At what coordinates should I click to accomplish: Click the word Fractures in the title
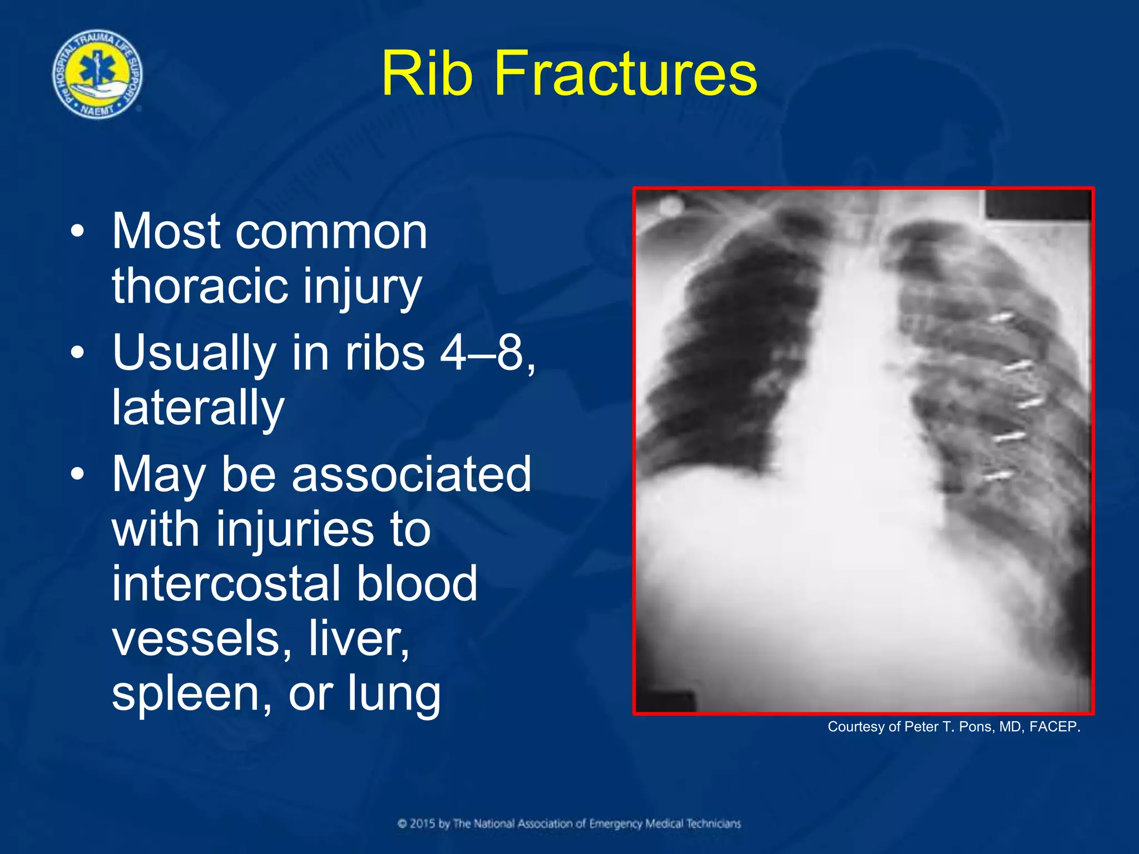click(625, 73)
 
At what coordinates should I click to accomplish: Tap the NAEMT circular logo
click(97, 74)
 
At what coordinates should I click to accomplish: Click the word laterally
click(198, 407)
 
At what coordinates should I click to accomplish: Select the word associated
click(411, 474)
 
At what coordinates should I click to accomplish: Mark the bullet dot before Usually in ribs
click(78, 352)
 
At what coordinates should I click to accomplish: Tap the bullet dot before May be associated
click(78, 474)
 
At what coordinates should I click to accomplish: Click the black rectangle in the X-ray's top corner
click(1037, 205)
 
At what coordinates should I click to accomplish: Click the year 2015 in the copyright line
click(423, 823)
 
